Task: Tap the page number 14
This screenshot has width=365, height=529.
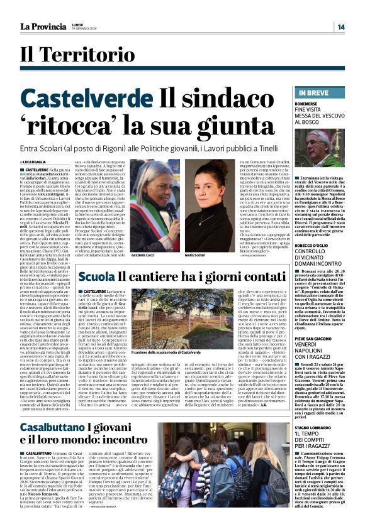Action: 340,26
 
